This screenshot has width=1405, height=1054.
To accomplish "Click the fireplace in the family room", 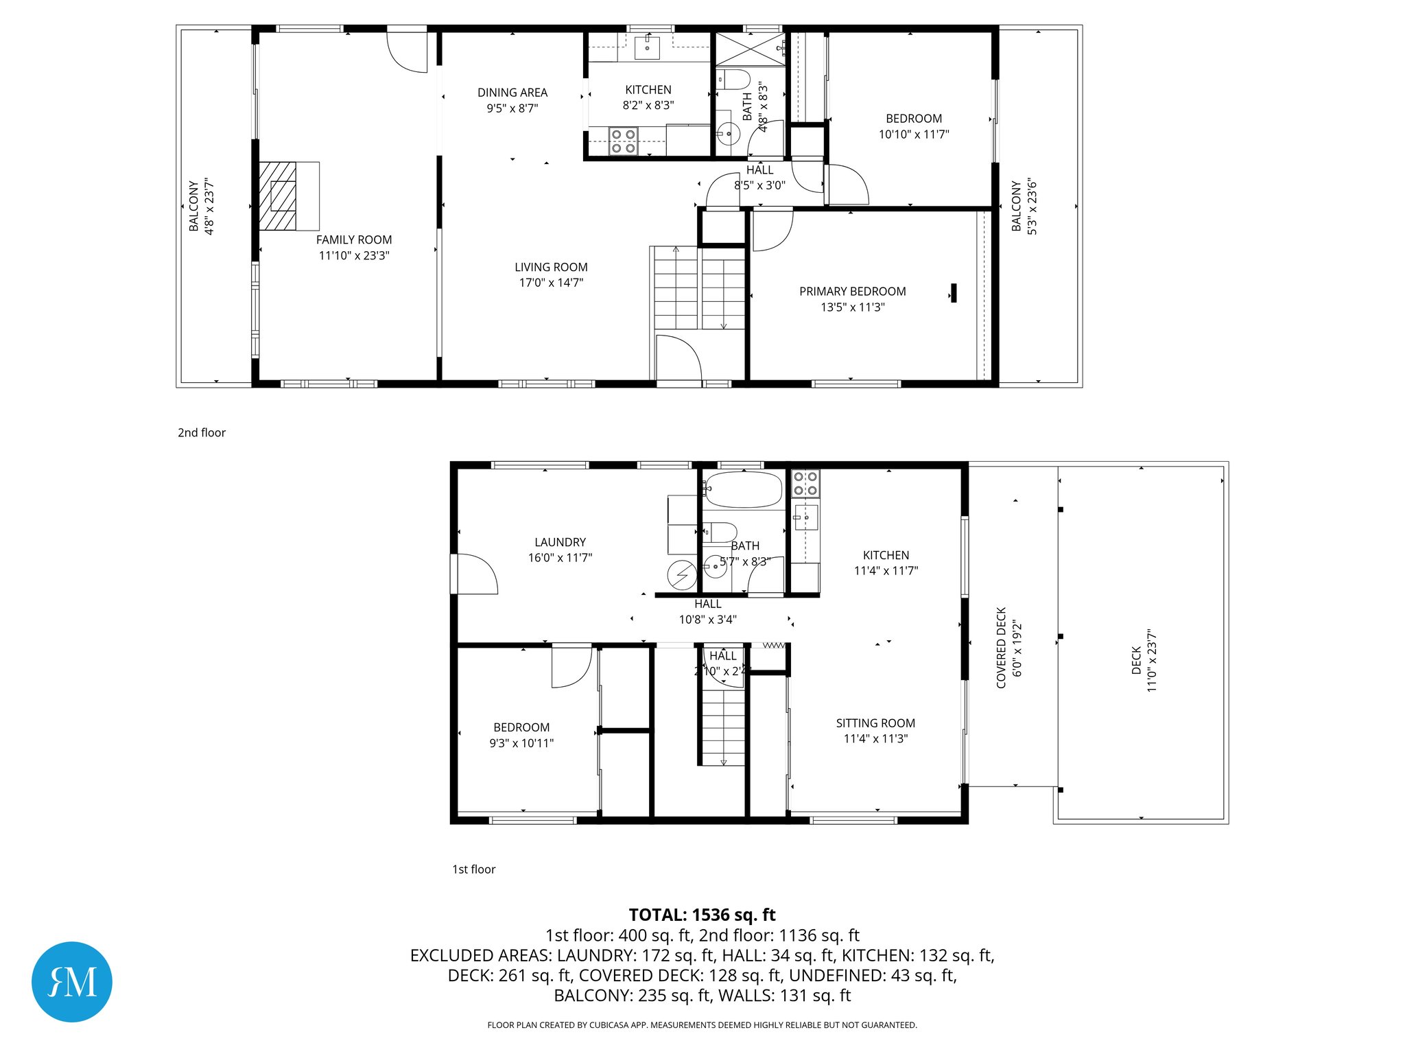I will point(283,196).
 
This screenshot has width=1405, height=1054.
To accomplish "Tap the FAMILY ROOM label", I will point(354,239).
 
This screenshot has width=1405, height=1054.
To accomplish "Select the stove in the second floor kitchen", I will point(623,141).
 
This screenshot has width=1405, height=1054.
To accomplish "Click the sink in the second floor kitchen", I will point(646,48).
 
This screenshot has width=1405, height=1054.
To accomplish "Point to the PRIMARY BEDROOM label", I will point(852,292).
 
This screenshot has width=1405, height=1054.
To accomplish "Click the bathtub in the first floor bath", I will point(743,489).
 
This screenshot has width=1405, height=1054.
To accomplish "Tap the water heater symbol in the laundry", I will point(683,575).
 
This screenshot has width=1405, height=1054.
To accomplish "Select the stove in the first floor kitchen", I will point(805,482).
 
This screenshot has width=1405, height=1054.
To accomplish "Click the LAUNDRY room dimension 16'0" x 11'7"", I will point(560,558).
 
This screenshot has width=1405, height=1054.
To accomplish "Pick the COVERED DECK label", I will point(1002,647).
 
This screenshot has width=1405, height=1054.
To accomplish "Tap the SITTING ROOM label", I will point(875,723).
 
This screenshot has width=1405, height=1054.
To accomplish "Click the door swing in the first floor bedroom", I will point(571,666).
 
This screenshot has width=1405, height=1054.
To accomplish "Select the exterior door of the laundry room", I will point(473,574).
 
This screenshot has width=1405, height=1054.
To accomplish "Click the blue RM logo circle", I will point(72,981).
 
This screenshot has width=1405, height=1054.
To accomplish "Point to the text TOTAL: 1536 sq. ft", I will point(702,915).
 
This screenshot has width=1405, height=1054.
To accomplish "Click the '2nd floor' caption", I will point(202,432).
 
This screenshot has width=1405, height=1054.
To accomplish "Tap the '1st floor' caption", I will point(473,869).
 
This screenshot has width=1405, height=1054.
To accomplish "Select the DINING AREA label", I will point(512,93).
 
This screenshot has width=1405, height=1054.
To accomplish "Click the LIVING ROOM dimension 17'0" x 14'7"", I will point(551,283).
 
